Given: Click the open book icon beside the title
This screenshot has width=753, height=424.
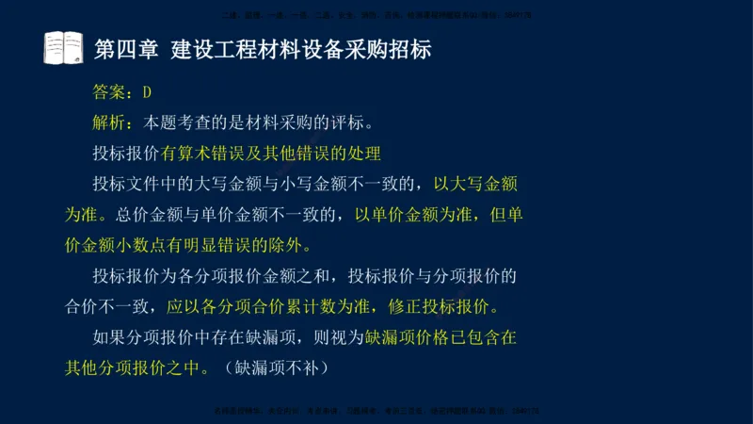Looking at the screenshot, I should [63, 48].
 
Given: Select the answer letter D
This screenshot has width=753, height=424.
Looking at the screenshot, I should [147, 92].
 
